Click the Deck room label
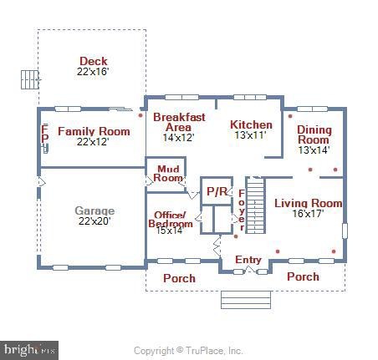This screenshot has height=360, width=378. [94, 61]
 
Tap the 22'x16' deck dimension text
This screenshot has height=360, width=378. [93, 72]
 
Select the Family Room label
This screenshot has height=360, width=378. [94, 131]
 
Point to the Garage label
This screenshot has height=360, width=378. [94, 210]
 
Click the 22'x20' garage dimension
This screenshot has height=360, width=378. [94, 221]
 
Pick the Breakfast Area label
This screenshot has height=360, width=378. [179, 122]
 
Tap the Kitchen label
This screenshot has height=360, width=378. [251, 124]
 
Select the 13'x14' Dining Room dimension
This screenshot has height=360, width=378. [314, 150]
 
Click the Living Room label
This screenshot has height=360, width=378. [309, 203]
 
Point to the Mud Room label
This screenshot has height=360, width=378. [168, 174]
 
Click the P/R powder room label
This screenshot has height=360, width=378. [217, 191]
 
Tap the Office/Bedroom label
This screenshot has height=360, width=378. [171, 220]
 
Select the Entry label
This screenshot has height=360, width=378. [248, 260]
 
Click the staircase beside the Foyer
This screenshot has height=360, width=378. [255, 205]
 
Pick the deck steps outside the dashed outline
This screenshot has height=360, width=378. [30, 79]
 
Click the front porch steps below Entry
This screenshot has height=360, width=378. [246, 300]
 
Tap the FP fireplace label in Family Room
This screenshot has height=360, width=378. [44, 134]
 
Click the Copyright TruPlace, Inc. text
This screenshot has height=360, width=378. [188, 351]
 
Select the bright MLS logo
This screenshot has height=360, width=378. [29, 350]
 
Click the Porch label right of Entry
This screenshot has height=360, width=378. [303, 276]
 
